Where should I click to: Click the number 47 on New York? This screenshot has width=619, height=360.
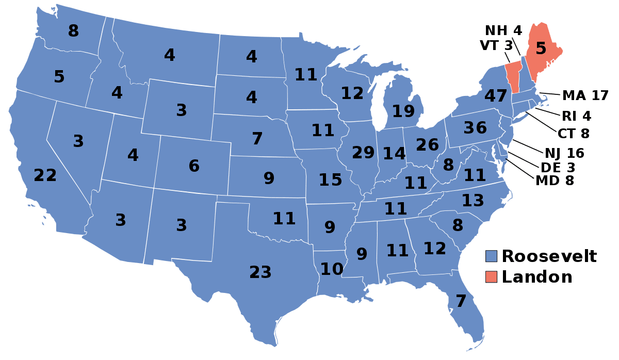[x=496, y=96]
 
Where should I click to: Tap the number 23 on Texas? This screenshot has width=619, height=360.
[x=260, y=272]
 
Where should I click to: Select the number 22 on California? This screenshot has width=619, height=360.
[x=45, y=175]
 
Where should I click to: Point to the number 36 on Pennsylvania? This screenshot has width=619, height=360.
[x=475, y=127]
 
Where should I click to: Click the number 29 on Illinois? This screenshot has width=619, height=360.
[x=363, y=153]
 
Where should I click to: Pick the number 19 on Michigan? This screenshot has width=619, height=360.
[x=403, y=111]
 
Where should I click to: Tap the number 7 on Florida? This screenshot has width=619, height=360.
[x=461, y=301]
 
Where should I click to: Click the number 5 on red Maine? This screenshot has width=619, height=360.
[x=540, y=48]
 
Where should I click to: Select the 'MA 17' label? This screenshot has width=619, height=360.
[x=585, y=95]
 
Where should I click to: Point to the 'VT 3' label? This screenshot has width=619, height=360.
[x=496, y=45]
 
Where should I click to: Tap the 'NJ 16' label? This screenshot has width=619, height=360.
[x=564, y=153]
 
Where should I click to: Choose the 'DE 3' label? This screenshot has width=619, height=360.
[x=558, y=167]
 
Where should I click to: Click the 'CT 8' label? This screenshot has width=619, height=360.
[x=573, y=134]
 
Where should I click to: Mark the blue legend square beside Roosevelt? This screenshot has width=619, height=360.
[x=492, y=256]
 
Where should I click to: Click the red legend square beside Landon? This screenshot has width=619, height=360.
[x=492, y=277]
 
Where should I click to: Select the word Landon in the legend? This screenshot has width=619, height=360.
[x=537, y=277]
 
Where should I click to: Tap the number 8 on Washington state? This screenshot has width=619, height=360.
[x=74, y=31]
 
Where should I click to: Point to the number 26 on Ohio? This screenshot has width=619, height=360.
[x=427, y=145]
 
